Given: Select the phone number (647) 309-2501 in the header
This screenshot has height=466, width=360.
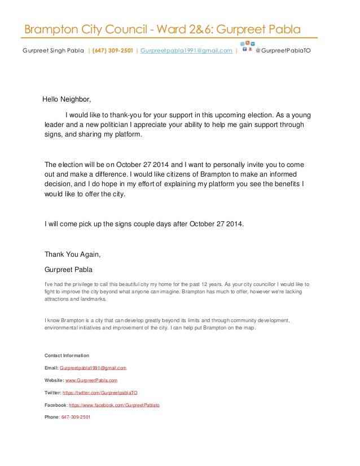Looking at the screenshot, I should [x=113, y=51].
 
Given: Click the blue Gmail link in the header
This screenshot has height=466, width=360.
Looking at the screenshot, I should [x=186, y=51].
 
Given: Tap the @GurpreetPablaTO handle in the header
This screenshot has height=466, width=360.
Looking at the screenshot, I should [x=282, y=51].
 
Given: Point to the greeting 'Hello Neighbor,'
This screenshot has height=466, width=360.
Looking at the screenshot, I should [x=67, y=100].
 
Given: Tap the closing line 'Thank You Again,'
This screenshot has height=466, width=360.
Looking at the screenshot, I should [x=72, y=254].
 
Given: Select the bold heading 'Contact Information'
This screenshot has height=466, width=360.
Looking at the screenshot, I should [x=67, y=355].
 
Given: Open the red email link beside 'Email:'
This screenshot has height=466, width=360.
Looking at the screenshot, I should [x=96, y=368].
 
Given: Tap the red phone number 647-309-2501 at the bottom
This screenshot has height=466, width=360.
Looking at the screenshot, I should [x=76, y=417].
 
